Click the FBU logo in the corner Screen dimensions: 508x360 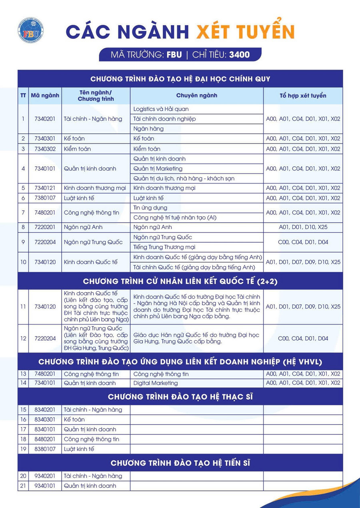(30, 30)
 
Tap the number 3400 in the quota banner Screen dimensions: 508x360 (239, 55)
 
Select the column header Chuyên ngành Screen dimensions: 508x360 (196, 96)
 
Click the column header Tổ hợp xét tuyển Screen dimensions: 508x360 (303, 96)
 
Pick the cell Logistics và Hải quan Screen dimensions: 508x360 (161, 109)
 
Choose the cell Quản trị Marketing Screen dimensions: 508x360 (158, 168)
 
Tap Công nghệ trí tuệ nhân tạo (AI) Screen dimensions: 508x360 (175, 218)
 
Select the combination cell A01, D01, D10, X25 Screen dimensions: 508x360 (303, 227)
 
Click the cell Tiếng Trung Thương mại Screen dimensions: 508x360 (164, 247)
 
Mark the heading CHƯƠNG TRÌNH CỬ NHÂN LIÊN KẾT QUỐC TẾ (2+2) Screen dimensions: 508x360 (180, 281)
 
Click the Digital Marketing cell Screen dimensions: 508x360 (156, 383)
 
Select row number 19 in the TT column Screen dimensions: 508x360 (23, 449)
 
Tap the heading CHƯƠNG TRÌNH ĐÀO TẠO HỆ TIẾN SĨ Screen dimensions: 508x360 (180, 463)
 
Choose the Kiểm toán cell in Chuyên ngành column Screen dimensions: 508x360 (147, 149)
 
